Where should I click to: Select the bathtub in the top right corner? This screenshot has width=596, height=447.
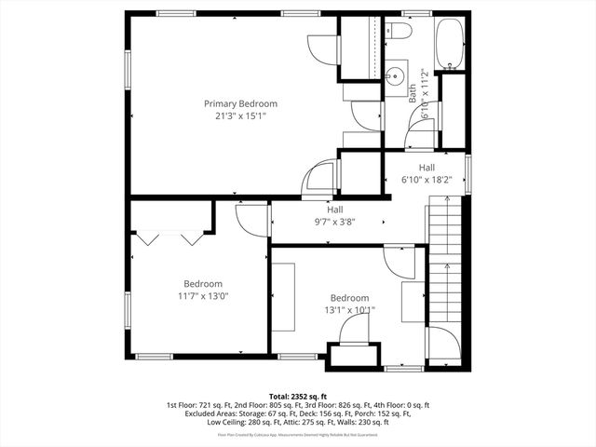(x=451, y=44)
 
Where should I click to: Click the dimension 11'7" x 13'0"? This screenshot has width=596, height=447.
(x=202, y=296)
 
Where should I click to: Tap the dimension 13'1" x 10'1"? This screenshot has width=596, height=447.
(x=350, y=310)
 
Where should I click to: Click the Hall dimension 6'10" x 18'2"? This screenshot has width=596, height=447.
(x=427, y=181)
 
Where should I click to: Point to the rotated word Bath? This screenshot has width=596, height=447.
(x=412, y=91)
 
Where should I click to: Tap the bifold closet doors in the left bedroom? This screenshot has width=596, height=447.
(x=168, y=238)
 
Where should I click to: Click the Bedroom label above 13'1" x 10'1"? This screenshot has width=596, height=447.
(x=350, y=298)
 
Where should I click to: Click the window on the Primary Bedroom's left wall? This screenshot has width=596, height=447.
(x=128, y=71)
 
